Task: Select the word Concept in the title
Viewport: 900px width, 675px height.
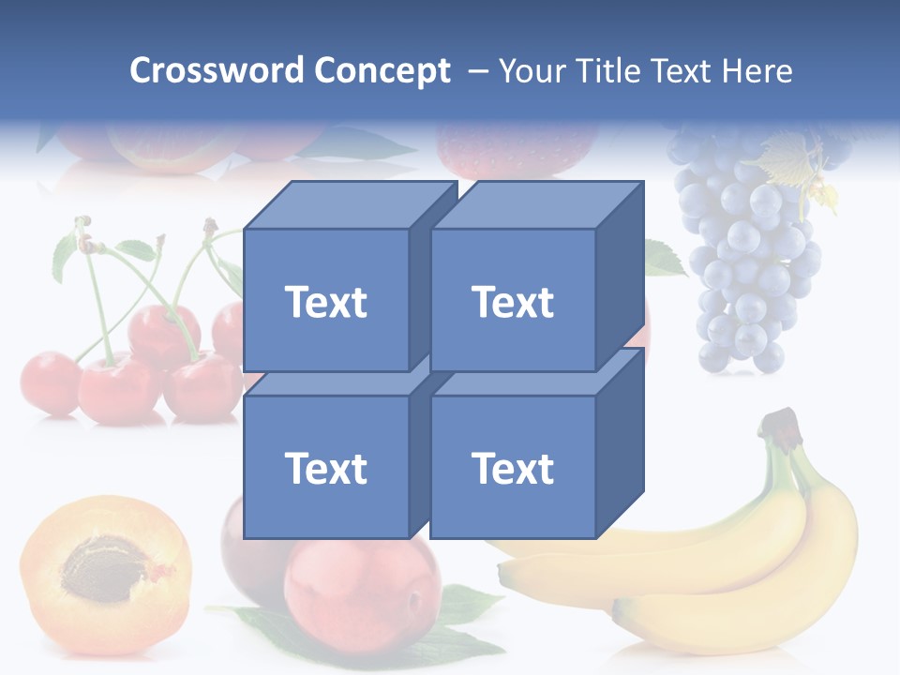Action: pos(382,70)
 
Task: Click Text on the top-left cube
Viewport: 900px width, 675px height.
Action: pos(326,302)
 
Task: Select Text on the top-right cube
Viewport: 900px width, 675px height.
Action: pos(513,302)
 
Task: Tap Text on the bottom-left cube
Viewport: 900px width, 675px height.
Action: pos(326,468)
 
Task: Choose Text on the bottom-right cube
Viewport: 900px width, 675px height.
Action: pos(513,468)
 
